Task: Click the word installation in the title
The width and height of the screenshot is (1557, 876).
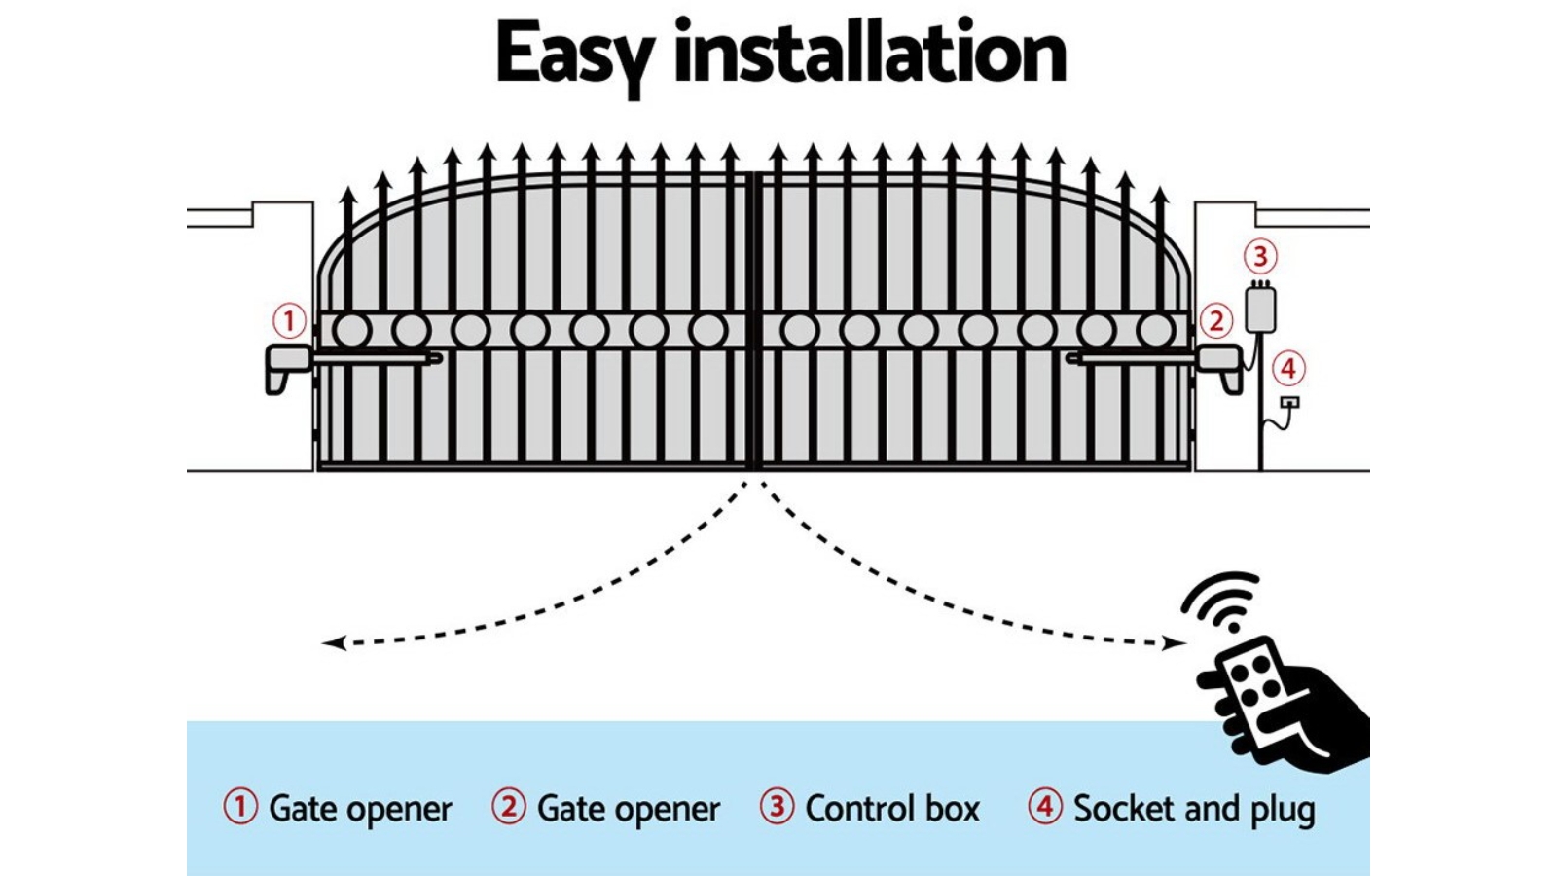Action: pyautogui.click(x=870, y=54)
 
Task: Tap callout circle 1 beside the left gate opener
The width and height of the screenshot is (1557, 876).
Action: pyautogui.click(x=288, y=320)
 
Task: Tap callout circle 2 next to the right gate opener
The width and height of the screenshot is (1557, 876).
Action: pyautogui.click(x=1215, y=320)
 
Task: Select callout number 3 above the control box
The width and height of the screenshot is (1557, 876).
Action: pyautogui.click(x=1260, y=256)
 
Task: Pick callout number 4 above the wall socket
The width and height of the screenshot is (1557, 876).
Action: pyautogui.click(x=1288, y=369)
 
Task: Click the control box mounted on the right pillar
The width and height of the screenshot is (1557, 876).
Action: pyautogui.click(x=1260, y=308)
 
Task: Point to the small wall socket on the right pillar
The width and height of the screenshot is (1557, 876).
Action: pyautogui.click(x=1289, y=402)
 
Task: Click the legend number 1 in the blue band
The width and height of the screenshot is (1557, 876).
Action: pyautogui.click(x=240, y=807)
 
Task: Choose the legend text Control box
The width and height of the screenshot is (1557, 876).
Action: pyautogui.click(x=892, y=809)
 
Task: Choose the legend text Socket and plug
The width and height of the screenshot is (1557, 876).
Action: pyautogui.click(x=1194, y=809)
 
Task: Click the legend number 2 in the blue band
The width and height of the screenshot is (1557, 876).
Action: pyautogui.click(x=508, y=807)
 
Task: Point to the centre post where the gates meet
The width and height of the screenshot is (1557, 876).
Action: pyautogui.click(x=754, y=321)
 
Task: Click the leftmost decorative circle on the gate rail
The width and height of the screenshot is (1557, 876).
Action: pyautogui.click(x=352, y=331)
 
